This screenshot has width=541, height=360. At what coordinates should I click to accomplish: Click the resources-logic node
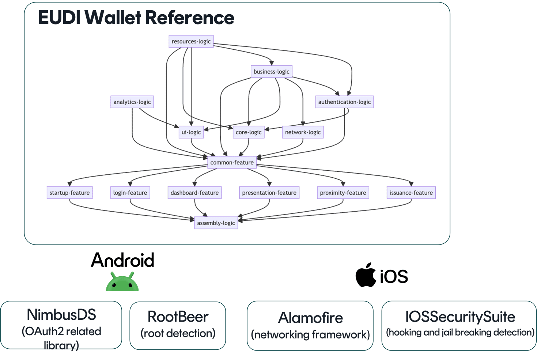(x=191, y=41)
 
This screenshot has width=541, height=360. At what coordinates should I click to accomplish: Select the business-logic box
(x=271, y=72)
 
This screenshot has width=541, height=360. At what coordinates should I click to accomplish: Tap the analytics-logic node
(x=132, y=102)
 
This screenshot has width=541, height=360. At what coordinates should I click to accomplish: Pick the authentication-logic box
(x=344, y=102)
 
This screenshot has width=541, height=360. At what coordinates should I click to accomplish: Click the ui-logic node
(x=191, y=132)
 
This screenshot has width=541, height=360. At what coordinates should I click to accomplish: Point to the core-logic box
(x=249, y=132)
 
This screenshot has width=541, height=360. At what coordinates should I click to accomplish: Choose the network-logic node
(x=303, y=132)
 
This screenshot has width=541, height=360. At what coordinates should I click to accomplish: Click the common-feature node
(x=232, y=163)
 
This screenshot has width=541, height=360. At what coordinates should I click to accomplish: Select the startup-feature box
(x=69, y=193)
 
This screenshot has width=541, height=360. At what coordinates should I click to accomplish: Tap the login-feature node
(x=130, y=193)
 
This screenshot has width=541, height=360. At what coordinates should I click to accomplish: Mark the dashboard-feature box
(x=194, y=193)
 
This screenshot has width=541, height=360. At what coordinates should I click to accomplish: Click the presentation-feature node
(x=269, y=193)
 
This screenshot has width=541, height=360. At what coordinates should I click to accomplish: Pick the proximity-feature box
(x=343, y=193)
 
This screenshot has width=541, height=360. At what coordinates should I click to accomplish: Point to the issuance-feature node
(x=411, y=193)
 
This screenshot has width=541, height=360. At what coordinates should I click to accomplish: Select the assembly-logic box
(x=216, y=223)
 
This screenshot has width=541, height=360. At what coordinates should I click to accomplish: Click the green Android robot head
(x=122, y=283)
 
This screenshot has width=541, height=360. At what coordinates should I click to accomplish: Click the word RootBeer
(x=178, y=317)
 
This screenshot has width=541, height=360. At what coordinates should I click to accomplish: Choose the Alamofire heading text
(x=310, y=318)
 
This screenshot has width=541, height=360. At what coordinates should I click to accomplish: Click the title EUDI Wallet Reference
(x=136, y=18)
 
